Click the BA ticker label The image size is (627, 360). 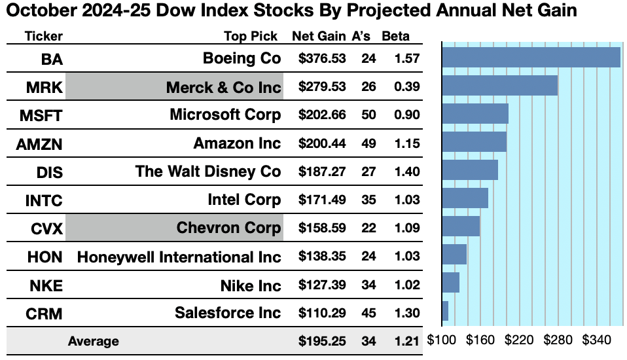coord(52,59)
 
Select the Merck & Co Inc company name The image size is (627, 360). coord(223,87)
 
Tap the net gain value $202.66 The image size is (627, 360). coord(322,115)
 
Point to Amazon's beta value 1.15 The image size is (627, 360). coord(406,143)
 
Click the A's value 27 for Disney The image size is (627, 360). coord(368,171)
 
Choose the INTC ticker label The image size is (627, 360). coord(44,200)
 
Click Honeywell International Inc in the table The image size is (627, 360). coord(179,257)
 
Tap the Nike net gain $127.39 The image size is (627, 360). coord(322,285)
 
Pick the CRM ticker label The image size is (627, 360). coord(44,313)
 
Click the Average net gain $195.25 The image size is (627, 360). coord(322,341)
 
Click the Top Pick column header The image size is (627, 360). coord(251,37)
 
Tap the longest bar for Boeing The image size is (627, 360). coord(531,57)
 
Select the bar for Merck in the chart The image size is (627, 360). coord(500,85)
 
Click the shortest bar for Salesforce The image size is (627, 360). coord(445,310)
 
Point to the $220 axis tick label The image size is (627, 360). coord(520,341)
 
